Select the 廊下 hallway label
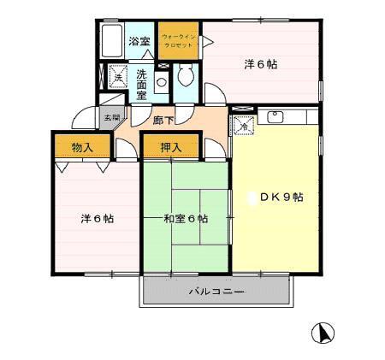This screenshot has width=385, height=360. click(x=163, y=121)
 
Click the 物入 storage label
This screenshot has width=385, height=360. click(x=83, y=148)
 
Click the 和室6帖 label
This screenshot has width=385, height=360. click(x=186, y=219)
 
